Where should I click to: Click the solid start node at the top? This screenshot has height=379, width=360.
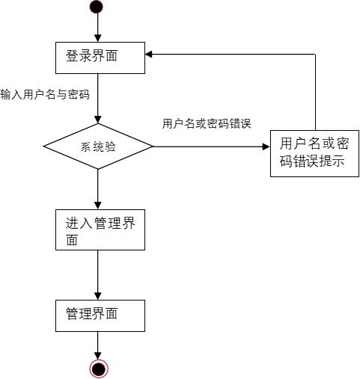(x=97, y=7)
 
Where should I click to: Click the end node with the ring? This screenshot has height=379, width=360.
(x=99, y=367)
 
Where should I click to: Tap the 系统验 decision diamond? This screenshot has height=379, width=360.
(x=98, y=147)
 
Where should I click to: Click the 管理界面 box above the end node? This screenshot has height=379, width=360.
(x=100, y=314)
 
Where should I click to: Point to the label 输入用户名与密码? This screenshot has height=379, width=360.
(x=45, y=94)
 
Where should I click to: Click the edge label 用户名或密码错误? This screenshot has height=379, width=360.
(x=206, y=123)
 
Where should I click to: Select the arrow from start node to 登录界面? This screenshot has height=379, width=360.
(x=98, y=28)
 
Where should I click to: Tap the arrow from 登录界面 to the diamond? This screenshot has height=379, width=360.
(x=98, y=101)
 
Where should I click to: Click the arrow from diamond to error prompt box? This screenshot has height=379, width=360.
(x=210, y=147)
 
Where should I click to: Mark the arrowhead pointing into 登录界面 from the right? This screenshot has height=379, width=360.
(x=150, y=54)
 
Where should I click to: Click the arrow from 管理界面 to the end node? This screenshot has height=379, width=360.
(x=98, y=344)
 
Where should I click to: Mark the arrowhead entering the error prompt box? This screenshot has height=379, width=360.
(x=265, y=147)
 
